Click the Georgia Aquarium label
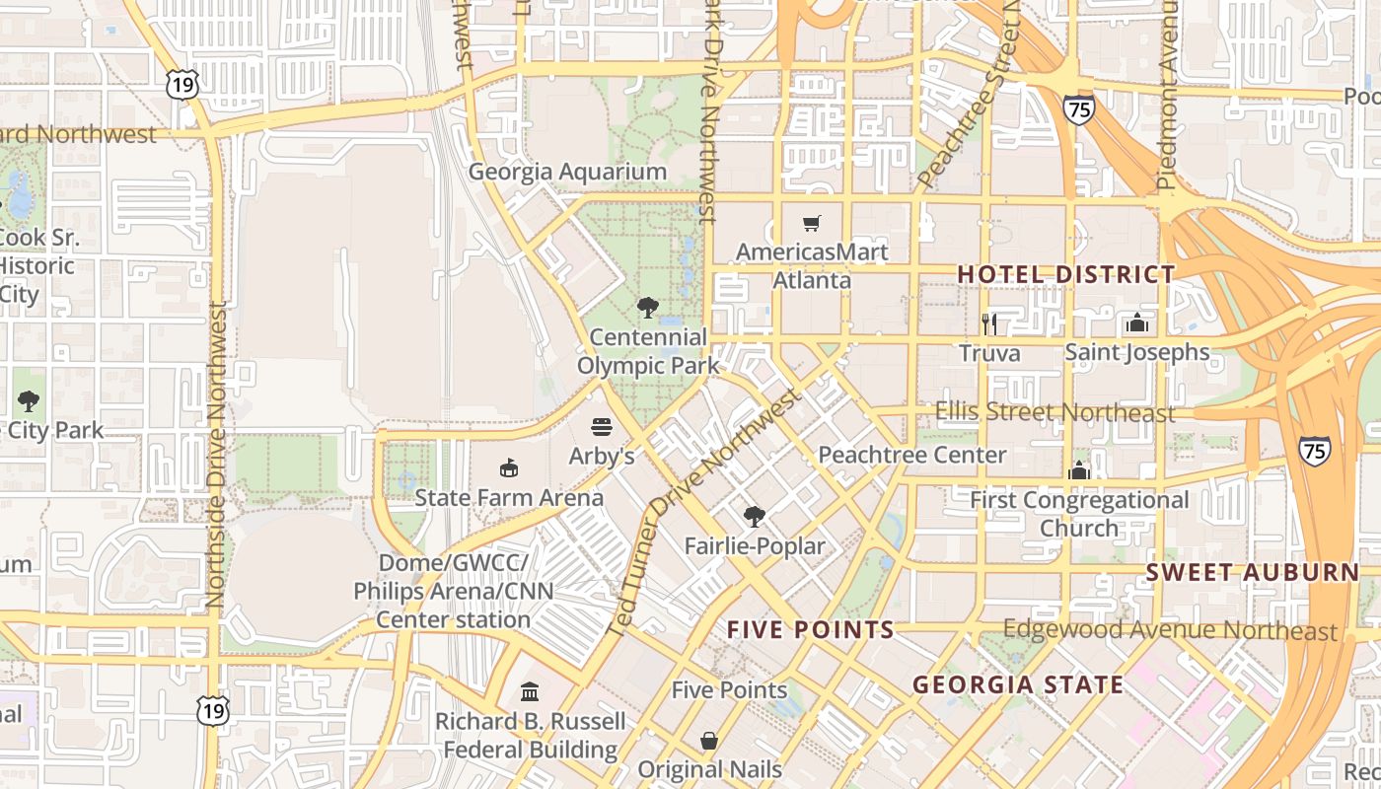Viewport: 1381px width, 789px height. tap(567, 172)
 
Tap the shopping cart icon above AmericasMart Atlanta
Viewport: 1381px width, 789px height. tap(811, 224)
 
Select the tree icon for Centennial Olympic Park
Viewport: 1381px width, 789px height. tap(648, 308)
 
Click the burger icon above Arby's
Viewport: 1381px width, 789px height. tap(602, 427)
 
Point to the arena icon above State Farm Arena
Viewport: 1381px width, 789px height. tap(509, 467)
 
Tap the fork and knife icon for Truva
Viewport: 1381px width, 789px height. tap(989, 323)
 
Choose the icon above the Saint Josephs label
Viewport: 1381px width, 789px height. tap(1136, 323)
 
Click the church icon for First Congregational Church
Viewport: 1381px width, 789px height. tap(1079, 470)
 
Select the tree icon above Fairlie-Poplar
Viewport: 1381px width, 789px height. tap(755, 516)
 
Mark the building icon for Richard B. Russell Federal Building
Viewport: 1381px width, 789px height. tap(530, 690)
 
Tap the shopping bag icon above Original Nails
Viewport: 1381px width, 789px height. tap(709, 740)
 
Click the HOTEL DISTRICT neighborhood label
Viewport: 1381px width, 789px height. tap(1066, 274)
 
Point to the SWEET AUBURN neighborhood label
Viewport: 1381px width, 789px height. tap(1252, 572)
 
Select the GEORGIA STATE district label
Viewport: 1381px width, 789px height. tap(1017, 684)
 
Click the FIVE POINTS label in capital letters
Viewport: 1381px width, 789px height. tap(810, 630)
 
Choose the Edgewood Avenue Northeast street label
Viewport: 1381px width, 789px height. tap(1170, 630)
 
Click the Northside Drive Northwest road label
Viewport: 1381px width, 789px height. tap(216, 454)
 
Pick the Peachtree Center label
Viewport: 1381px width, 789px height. tap(912, 455)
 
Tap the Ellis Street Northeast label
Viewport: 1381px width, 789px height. tap(1054, 412)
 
